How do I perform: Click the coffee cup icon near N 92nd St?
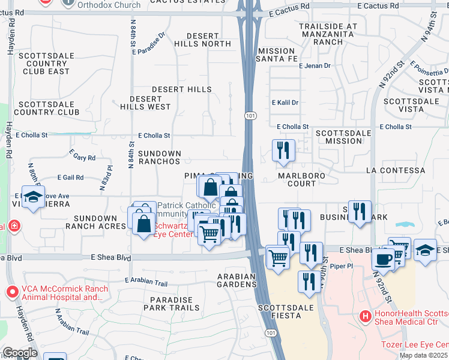tap(383, 259)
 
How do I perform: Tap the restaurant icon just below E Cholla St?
tap(283, 151)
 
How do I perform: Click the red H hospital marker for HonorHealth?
tap(364, 316)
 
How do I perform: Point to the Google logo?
tap(20, 353)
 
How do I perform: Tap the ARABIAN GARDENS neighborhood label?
tap(237, 281)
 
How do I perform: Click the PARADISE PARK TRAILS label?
tap(172, 304)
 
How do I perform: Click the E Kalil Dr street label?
tap(285, 103)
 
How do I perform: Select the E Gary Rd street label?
tap(83, 158)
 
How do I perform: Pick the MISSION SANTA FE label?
tap(276, 55)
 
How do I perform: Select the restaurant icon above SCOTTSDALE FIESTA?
tap(309, 282)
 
